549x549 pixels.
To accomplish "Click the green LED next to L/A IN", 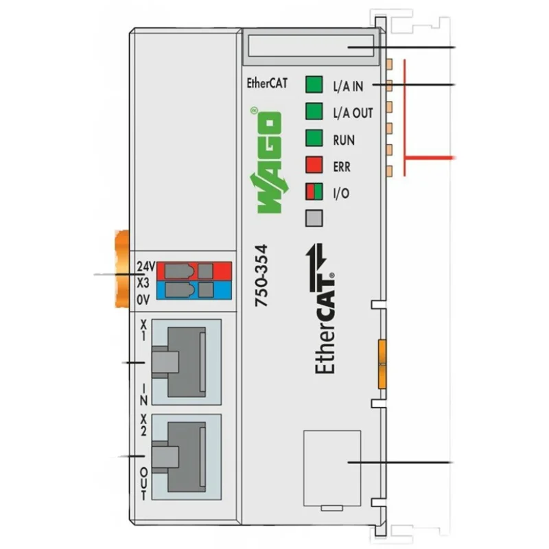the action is (x=314, y=85).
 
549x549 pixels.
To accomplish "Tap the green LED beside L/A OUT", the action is (x=314, y=111).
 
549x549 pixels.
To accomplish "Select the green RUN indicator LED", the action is (x=314, y=139).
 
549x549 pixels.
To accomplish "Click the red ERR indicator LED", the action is (x=314, y=165).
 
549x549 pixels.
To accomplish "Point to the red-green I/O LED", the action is (x=314, y=192).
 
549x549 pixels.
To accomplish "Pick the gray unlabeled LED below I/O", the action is (x=314, y=218).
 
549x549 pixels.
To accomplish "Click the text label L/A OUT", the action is (x=353, y=112).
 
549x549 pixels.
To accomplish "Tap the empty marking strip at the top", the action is (x=311, y=47).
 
